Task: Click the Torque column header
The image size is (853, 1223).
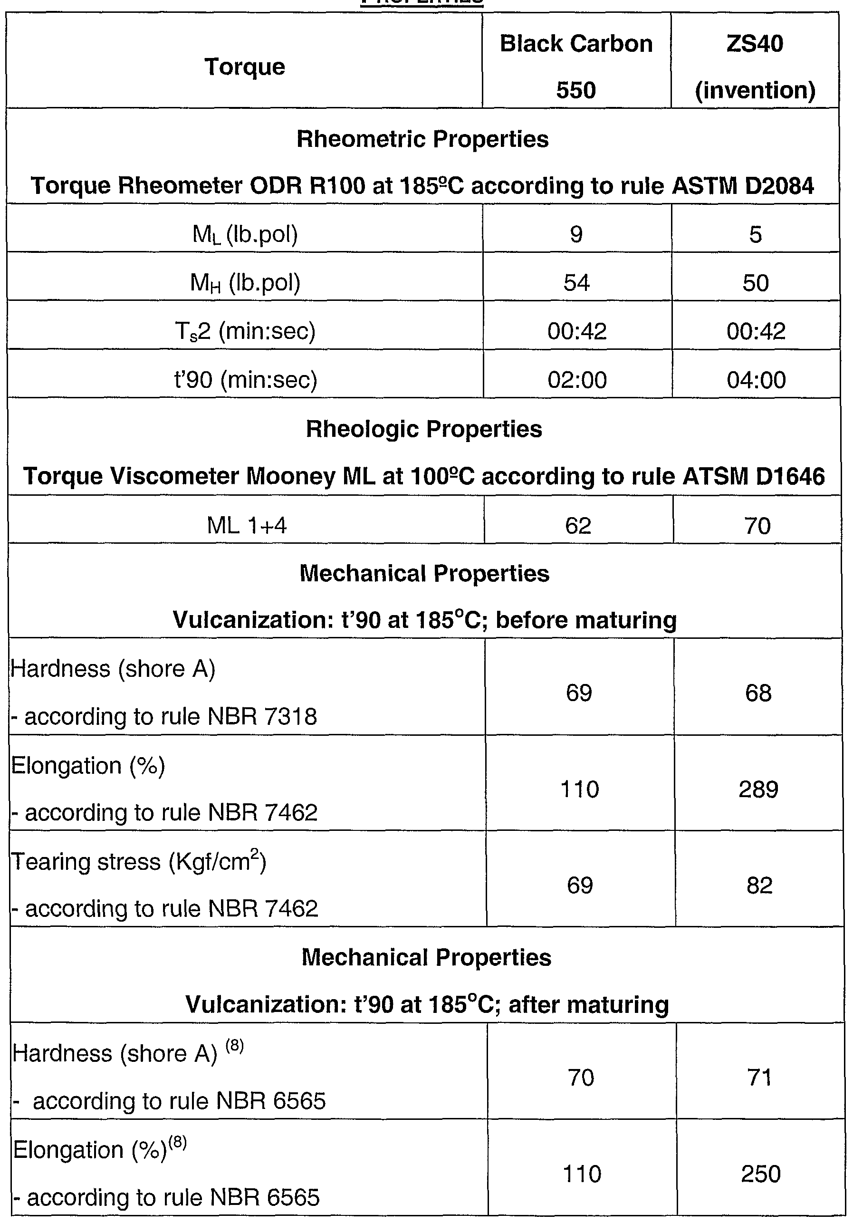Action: (244, 67)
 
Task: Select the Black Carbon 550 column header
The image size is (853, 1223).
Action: (576, 66)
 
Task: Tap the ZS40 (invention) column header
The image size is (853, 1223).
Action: (755, 66)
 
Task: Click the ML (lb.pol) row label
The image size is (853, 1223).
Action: (245, 234)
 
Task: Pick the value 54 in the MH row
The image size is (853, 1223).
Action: (576, 282)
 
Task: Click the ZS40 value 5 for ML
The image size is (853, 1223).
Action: (755, 234)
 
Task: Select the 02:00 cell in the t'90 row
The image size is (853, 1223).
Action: (577, 380)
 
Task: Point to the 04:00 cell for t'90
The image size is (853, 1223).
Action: (756, 380)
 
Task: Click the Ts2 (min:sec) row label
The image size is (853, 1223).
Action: (245, 331)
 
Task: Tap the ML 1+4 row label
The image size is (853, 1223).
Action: (247, 526)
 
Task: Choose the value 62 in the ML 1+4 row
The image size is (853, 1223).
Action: (578, 526)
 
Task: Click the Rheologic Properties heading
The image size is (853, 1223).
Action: (424, 429)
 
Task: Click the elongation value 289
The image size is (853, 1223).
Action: (758, 789)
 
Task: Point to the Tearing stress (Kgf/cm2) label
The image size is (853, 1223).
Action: (138, 861)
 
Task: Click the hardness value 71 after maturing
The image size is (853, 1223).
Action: (759, 1077)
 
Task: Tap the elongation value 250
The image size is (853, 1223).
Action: (760, 1174)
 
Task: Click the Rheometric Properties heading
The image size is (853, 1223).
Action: (422, 139)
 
